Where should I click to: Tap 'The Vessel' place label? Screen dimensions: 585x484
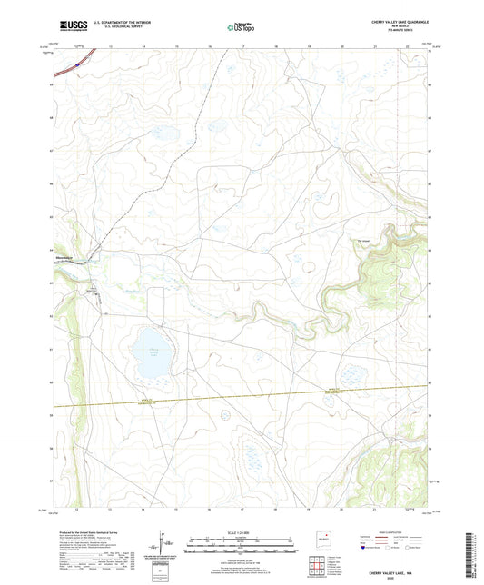click(361, 240)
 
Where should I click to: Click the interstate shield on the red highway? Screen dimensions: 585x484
click(79, 64)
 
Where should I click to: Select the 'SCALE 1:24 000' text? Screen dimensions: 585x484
click(241, 531)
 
